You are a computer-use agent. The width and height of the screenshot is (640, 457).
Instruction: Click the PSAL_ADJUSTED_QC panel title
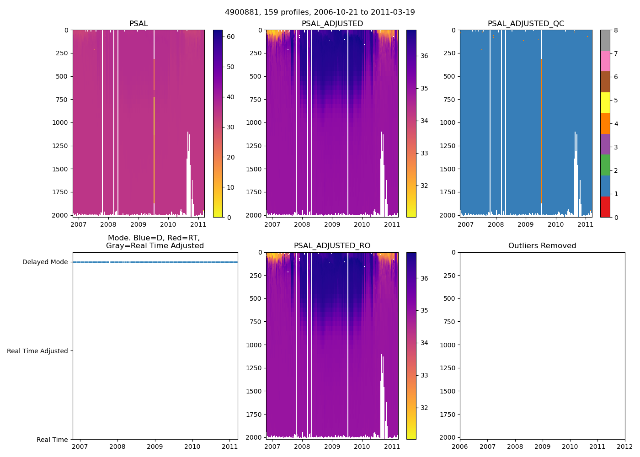(526, 24)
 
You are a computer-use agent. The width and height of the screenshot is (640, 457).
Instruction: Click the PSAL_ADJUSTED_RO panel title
(332, 246)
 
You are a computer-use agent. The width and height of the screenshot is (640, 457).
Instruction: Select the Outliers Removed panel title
(542, 246)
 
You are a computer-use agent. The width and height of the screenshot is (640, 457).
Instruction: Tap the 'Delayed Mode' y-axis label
(45, 262)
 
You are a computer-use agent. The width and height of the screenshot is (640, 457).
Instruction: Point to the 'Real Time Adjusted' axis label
(37, 351)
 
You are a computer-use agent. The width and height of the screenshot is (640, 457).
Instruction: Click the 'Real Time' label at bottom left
(52, 440)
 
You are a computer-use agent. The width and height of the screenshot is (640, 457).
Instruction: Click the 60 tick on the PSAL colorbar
(231, 37)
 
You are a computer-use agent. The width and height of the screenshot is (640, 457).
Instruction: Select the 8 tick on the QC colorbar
(616, 30)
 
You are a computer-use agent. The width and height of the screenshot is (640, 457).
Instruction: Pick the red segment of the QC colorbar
(605, 207)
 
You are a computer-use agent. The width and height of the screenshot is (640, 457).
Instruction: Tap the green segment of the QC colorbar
(605, 165)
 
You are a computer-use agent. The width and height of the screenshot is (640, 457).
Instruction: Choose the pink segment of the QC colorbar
(605, 61)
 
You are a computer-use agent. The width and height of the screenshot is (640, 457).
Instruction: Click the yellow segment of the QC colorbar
(605, 103)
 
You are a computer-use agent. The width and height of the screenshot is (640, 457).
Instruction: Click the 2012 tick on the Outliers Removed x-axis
(625, 446)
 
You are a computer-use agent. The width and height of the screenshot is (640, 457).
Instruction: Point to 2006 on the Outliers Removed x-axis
(460, 446)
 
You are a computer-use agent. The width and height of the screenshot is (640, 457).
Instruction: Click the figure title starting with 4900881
(320, 12)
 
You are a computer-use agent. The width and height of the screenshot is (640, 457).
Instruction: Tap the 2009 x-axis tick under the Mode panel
(155, 446)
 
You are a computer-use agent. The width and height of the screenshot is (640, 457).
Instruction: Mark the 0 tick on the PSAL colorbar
(229, 218)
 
